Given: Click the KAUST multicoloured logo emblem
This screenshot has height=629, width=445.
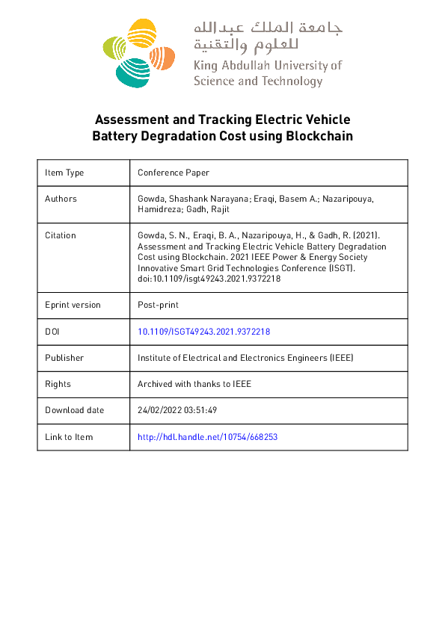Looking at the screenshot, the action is (x=138, y=52).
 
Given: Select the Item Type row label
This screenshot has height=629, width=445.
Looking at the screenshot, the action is (x=64, y=173).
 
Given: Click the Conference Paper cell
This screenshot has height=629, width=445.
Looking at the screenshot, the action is (x=174, y=173).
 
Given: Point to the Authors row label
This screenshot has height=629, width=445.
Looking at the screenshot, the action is (x=61, y=199).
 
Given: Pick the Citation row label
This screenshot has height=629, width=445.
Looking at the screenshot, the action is (x=61, y=235).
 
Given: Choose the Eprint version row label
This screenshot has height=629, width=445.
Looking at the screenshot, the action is (x=73, y=305).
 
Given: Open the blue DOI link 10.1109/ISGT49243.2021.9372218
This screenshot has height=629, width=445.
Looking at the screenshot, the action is (x=204, y=332).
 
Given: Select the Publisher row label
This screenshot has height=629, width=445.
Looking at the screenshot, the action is (x=64, y=358).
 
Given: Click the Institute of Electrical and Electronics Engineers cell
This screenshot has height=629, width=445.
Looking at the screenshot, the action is (x=245, y=358).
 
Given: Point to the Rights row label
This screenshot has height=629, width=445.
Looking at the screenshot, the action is (x=58, y=384).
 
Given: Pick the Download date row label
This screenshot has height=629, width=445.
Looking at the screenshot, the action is (x=75, y=410).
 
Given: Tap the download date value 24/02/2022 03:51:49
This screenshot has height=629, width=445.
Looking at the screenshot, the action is (x=177, y=410).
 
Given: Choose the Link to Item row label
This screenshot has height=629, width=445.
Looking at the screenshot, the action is (x=69, y=437).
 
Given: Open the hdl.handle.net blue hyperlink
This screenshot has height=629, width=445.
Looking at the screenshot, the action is (x=208, y=437).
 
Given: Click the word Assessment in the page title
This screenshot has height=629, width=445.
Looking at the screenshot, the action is (x=129, y=120).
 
